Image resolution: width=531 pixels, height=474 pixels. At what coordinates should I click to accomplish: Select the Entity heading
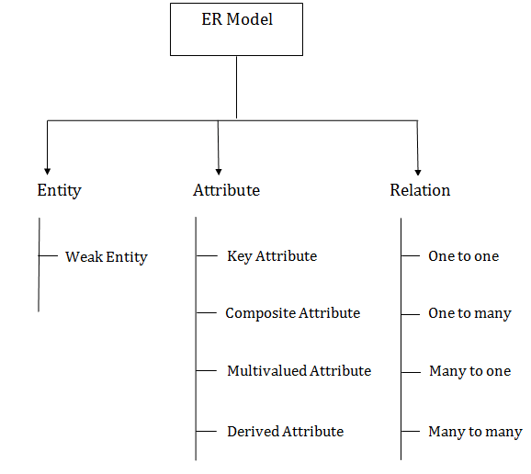[x=59, y=190]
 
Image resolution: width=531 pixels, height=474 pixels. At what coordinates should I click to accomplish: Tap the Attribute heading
[x=226, y=190]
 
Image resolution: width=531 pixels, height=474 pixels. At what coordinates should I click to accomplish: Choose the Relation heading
[x=420, y=190]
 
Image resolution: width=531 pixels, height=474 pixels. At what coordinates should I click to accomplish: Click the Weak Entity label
[x=106, y=256]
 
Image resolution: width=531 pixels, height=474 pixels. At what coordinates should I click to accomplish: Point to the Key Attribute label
[x=271, y=255]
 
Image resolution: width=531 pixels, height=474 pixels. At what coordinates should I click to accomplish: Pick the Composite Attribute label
[x=292, y=313]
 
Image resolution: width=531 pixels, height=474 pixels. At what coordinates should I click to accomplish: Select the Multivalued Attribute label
[x=299, y=371]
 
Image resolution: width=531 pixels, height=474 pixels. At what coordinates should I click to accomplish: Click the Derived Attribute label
[x=285, y=431]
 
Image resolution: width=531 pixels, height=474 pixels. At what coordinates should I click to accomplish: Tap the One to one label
[x=463, y=255]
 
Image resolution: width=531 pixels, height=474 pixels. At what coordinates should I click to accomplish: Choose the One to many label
[x=469, y=313]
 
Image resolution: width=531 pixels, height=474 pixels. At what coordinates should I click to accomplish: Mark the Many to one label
[x=469, y=371]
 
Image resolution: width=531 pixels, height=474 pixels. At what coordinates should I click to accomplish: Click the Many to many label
[x=475, y=431]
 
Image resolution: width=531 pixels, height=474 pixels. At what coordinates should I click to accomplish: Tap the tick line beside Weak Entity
[x=49, y=255]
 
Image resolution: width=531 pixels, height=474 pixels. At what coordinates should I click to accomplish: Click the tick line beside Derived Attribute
[x=206, y=431]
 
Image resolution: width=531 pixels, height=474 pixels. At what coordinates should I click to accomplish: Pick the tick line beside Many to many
[x=411, y=431]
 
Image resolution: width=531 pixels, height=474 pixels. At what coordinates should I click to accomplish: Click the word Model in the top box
[x=251, y=19]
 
